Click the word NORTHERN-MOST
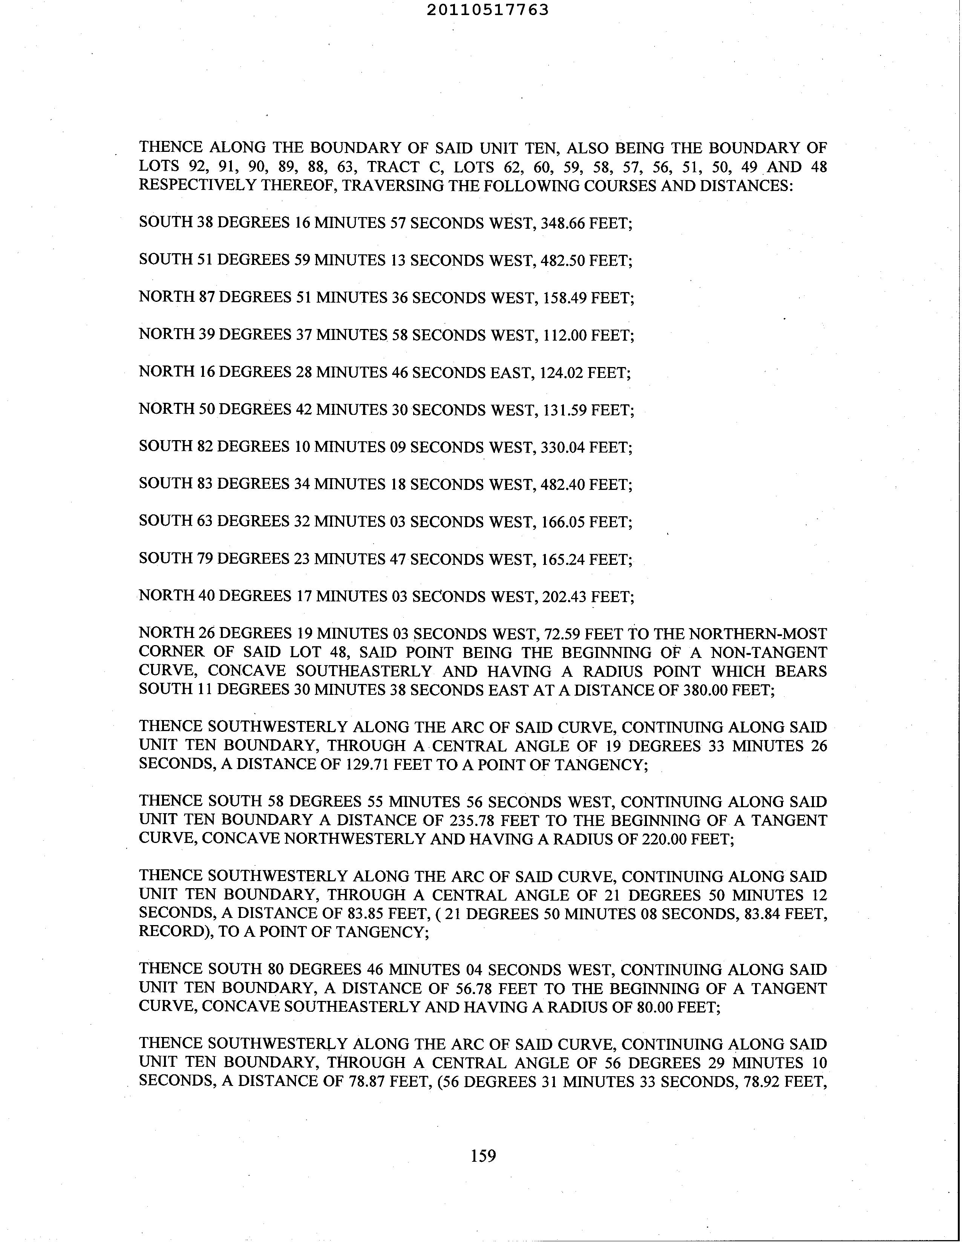(758, 633)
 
